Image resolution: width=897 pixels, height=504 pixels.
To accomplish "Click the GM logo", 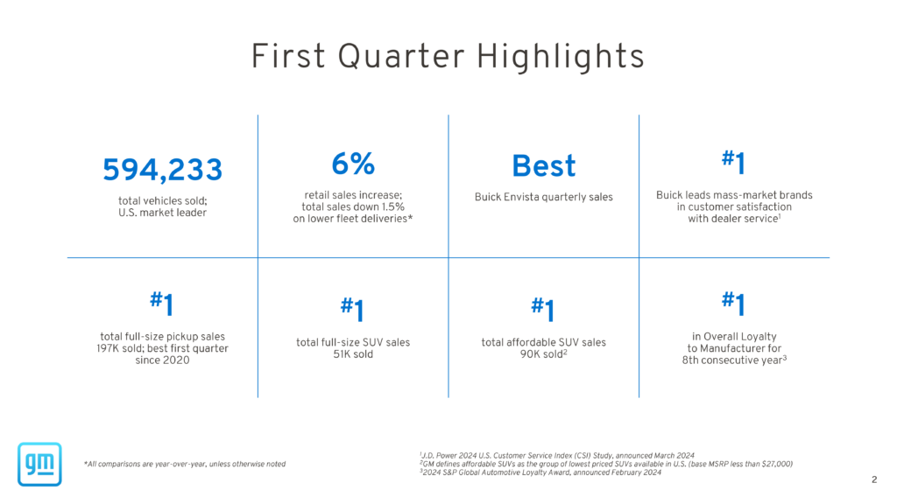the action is [x=39, y=464].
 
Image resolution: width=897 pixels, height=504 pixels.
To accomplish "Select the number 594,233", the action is [x=162, y=170].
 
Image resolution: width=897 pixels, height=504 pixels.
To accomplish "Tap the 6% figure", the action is [x=353, y=164].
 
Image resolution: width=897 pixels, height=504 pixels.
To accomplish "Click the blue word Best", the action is [x=543, y=165].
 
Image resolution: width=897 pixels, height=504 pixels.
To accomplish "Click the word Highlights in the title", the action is [x=561, y=57].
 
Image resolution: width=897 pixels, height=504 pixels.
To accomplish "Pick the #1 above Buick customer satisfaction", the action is [x=733, y=162].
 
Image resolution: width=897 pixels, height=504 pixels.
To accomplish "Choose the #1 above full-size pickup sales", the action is [x=162, y=304].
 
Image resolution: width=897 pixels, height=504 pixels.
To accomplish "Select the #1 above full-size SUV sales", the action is [x=352, y=310].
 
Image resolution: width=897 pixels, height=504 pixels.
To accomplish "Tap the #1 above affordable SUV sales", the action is [x=543, y=310].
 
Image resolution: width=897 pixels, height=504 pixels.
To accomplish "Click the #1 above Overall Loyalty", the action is [x=733, y=304].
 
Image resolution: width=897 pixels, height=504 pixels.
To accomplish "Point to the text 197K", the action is [x=108, y=348].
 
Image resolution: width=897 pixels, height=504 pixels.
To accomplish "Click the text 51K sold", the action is [x=353, y=354].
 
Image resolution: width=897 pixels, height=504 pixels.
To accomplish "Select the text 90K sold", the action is [x=541, y=354].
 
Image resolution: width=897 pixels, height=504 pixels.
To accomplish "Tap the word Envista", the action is [x=521, y=197].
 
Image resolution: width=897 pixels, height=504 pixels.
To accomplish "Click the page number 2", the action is [x=874, y=479].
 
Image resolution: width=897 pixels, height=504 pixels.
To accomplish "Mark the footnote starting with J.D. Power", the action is [x=556, y=455].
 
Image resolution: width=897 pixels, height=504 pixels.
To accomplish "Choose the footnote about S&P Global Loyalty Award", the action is [x=540, y=472].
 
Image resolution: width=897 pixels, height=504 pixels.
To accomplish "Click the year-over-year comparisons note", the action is [x=185, y=464].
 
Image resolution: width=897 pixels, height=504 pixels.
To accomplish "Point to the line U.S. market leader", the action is [x=162, y=213].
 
